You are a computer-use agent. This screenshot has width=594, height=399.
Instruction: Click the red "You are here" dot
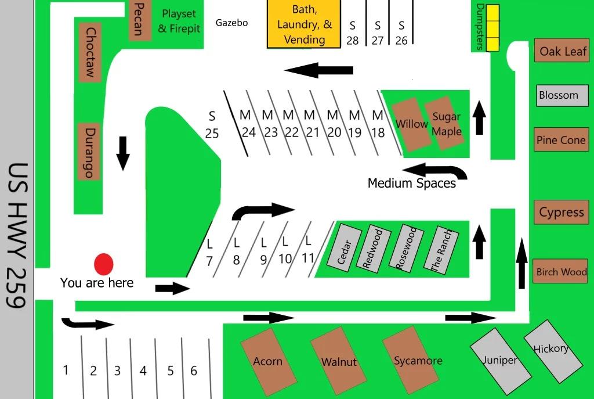pos(103,264)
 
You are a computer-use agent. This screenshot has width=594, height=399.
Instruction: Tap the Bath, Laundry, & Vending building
pos(304,24)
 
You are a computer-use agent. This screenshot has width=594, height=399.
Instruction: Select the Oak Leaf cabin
pos(562,51)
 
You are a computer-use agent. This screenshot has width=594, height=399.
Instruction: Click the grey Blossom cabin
pos(562,95)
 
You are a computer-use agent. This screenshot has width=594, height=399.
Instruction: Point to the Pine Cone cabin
pos(562,139)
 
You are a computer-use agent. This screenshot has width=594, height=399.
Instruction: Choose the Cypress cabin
pos(562,212)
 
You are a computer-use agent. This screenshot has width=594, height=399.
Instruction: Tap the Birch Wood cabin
pos(561,271)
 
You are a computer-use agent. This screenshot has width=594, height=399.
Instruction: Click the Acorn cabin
pos(268,361)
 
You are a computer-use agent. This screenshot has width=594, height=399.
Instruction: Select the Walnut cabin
pos(338,361)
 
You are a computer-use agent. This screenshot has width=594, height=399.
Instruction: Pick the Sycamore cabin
pos(411,360)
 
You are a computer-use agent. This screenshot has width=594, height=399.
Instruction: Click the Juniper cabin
pos(501,361)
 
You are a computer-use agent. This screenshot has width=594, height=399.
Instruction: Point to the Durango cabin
pos(89,152)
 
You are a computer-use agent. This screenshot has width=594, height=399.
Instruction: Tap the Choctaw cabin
pos(90,52)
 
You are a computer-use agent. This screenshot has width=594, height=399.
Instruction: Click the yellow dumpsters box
pos(492,28)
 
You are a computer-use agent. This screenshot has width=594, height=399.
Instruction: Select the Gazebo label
pos(231,23)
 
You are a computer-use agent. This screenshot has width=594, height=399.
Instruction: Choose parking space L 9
pos(263,251)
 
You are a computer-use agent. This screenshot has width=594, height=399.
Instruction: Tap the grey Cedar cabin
pos(344,247)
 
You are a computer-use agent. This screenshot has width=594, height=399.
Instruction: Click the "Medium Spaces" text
pos(411,183)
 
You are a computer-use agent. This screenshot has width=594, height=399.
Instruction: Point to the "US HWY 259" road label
pos(17,236)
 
